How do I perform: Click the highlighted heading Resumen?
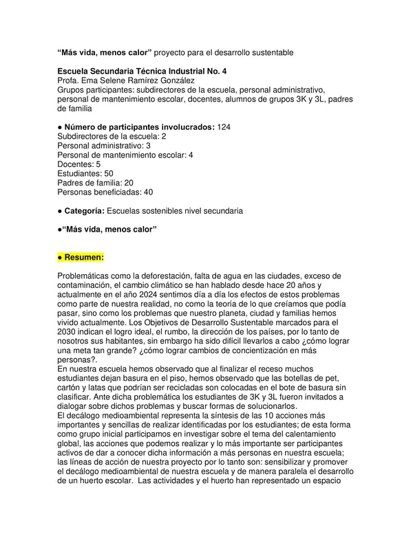pyautogui.click(x=81, y=258)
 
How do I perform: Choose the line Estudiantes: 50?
pyautogui.click(x=85, y=174)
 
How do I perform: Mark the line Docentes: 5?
pyautogui.click(x=79, y=164)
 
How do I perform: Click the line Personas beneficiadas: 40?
pyautogui.click(x=105, y=192)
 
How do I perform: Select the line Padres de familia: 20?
pyautogui.click(x=95, y=183)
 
